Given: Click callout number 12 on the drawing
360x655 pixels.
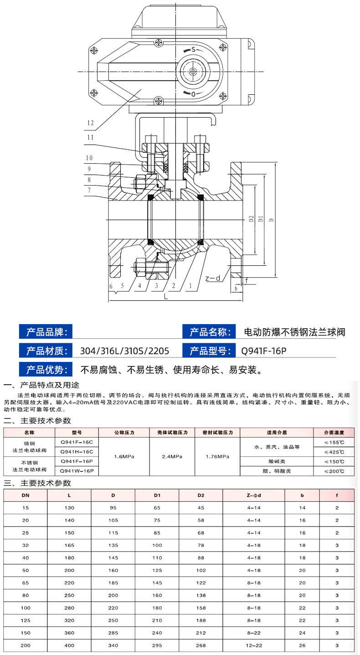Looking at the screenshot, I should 90,122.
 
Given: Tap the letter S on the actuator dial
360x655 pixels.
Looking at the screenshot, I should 194,49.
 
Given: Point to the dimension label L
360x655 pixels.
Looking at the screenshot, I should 166,296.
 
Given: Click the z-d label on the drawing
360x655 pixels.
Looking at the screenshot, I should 212,278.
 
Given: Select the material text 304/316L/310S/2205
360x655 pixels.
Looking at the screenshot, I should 124,351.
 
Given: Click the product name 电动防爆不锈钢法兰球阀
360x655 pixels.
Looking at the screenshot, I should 295,332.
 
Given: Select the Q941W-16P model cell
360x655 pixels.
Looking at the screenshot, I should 76,470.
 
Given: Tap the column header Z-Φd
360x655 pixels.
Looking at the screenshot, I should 254,495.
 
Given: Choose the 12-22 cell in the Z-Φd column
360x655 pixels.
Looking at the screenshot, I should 254,645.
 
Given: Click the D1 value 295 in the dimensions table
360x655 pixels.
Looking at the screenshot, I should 157,645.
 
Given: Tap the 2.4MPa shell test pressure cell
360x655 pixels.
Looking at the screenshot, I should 172,456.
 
